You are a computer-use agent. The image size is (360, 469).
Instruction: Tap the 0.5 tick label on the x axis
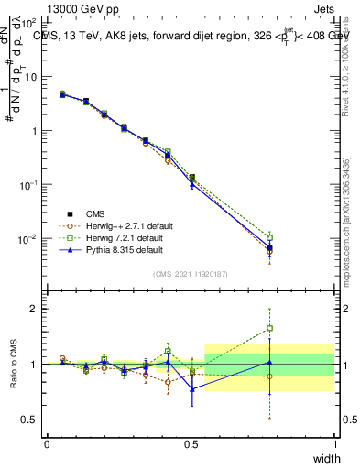(x=191, y=444)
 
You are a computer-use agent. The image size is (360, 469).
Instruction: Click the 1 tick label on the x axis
(x=334, y=444)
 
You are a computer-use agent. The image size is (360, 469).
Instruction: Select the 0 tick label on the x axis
(x=47, y=444)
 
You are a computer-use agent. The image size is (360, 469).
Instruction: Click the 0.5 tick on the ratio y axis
(x=29, y=420)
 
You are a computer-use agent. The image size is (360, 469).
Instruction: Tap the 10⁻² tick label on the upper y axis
(x=27, y=239)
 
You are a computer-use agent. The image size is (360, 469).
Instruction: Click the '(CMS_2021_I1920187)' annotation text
(x=191, y=274)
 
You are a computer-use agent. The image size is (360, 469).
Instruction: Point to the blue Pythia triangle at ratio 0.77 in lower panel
(x=191, y=389)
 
